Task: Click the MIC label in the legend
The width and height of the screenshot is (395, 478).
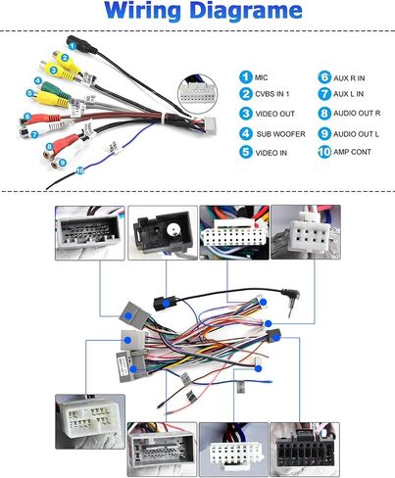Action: [261, 77]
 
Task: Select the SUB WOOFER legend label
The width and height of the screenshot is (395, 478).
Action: [280, 134]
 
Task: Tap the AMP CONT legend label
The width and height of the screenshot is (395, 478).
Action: [352, 152]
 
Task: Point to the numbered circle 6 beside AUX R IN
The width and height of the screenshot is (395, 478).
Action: [324, 77]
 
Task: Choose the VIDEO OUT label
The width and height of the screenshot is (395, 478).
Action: [274, 114]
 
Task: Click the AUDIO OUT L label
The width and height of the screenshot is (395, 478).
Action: [356, 134]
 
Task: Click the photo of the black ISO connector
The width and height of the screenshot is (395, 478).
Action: [305, 449]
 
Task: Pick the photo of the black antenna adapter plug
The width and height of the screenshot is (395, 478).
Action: [163, 232]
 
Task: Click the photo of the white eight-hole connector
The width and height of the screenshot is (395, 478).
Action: [306, 232]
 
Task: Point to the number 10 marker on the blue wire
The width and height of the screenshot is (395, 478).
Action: [79, 170]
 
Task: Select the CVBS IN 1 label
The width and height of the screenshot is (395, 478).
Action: [272, 94]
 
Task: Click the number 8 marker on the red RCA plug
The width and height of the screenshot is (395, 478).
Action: [50, 147]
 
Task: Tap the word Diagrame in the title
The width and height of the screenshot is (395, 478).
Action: [246, 11]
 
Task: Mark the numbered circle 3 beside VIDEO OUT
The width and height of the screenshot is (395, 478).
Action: [245, 114]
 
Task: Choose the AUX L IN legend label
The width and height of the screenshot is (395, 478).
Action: [348, 94]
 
